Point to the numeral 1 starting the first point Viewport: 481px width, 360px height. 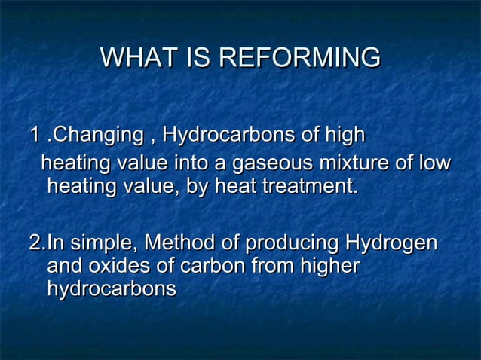point(33,136)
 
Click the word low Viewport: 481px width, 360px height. point(434,163)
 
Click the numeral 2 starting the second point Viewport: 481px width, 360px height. point(33,245)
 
